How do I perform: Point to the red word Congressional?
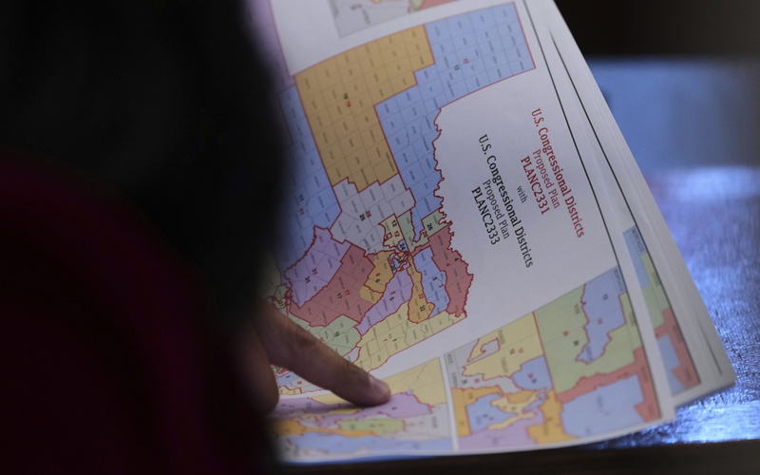click(555, 156)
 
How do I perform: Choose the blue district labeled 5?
click(433, 279)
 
